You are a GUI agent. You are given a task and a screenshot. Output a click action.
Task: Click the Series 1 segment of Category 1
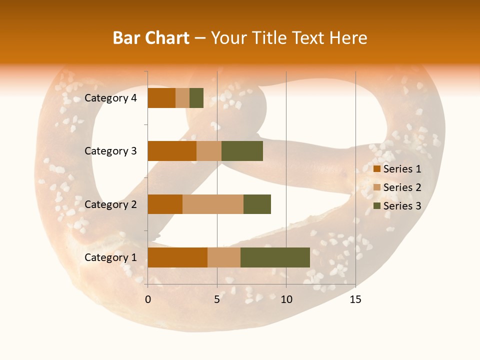point(177,257)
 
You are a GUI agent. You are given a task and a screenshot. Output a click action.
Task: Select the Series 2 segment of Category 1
point(224,257)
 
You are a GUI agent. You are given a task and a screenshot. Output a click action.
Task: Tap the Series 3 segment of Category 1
point(275,257)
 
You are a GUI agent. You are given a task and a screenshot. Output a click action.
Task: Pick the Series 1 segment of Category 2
point(165,204)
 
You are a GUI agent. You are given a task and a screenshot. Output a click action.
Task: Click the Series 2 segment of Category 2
point(213,204)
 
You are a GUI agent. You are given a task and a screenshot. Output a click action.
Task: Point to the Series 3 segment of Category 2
point(257,204)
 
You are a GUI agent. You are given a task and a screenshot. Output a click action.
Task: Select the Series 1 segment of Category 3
point(172,151)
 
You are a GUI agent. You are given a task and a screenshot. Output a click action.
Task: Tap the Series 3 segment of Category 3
point(242,151)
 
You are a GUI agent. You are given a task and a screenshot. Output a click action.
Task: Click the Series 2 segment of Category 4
point(182,98)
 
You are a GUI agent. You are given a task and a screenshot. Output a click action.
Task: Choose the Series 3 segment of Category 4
point(196,98)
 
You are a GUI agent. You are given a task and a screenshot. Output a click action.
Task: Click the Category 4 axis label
point(110,98)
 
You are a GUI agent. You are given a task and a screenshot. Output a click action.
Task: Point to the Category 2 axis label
point(110,204)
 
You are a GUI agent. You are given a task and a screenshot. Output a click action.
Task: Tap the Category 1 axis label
point(110,257)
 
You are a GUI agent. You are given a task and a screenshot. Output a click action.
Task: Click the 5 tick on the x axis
point(217,299)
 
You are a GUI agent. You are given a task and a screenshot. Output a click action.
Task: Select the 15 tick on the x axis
point(355,299)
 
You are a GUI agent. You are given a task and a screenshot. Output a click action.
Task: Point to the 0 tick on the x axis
point(148,299)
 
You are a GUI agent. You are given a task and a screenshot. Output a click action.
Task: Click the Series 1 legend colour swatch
point(377,169)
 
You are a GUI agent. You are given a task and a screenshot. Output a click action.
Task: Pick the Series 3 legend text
point(402,206)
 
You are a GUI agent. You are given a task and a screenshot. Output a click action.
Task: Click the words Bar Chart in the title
point(151,38)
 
